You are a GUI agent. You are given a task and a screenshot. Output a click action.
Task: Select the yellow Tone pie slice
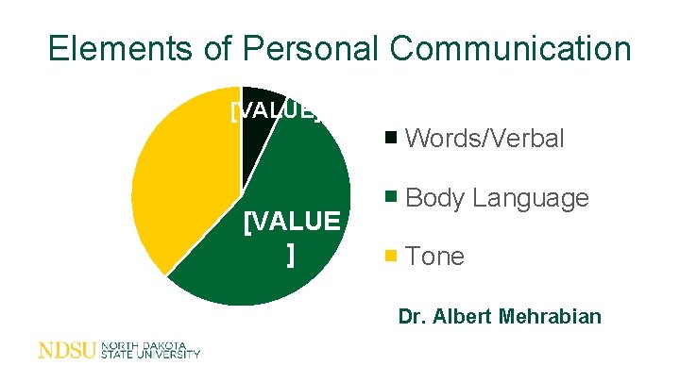(179, 179)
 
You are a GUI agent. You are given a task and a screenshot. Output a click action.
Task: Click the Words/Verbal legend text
(484, 140)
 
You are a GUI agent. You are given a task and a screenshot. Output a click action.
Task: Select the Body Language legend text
(497, 198)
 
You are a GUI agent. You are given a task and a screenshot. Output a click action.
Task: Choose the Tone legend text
(434, 257)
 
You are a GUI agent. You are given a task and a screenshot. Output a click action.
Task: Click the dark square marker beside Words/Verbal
(391, 140)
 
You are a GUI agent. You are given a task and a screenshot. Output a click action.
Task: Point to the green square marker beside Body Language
(391, 198)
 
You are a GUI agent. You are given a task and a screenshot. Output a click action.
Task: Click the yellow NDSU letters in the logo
(67, 351)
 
